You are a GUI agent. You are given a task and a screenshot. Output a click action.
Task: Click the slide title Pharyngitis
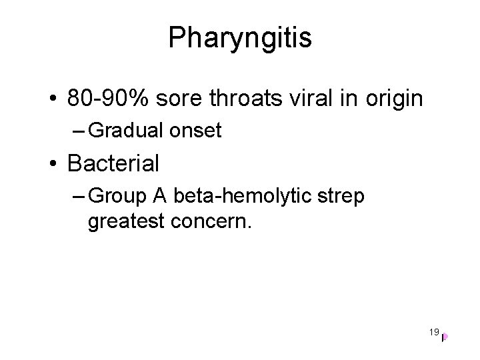[240, 39]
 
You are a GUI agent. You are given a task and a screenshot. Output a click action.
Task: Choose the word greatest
[125, 219]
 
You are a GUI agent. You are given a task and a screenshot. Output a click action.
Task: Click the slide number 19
[434, 331]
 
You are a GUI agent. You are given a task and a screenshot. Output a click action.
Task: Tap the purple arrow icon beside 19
[444, 337]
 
